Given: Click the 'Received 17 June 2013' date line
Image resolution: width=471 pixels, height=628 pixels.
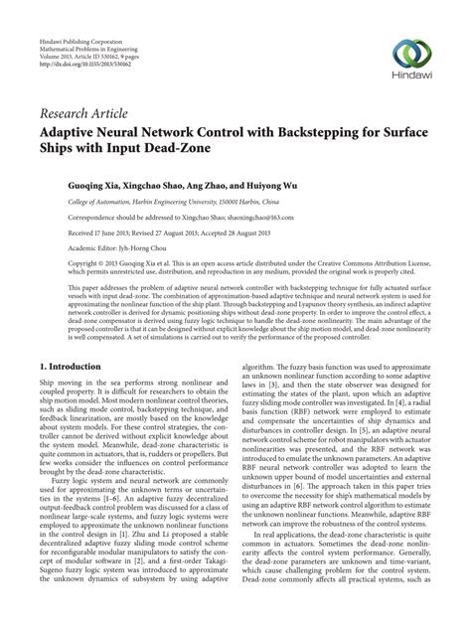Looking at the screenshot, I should click(x=93, y=232).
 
